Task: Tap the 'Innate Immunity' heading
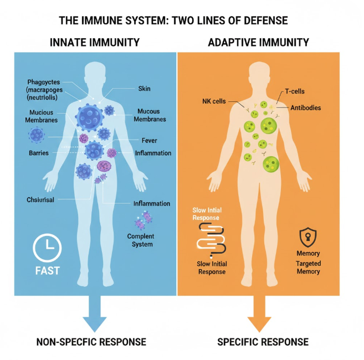click(x=95, y=43)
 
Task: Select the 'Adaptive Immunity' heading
click(x=258, y=43)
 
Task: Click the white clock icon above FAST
click(x=48, y=248)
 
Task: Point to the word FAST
click(x=47, y=271)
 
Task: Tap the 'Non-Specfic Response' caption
click(x=91, y=341)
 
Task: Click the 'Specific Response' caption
click(x=263, y=341)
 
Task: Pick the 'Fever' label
click(x=150, y=141)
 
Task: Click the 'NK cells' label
click(x=213, y=101)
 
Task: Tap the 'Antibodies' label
click(x=305, y=108)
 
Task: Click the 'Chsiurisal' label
click(x=40, y=199)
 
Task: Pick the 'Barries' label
click(x=39, y=152)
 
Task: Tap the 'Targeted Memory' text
click(x=308, y=267)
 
